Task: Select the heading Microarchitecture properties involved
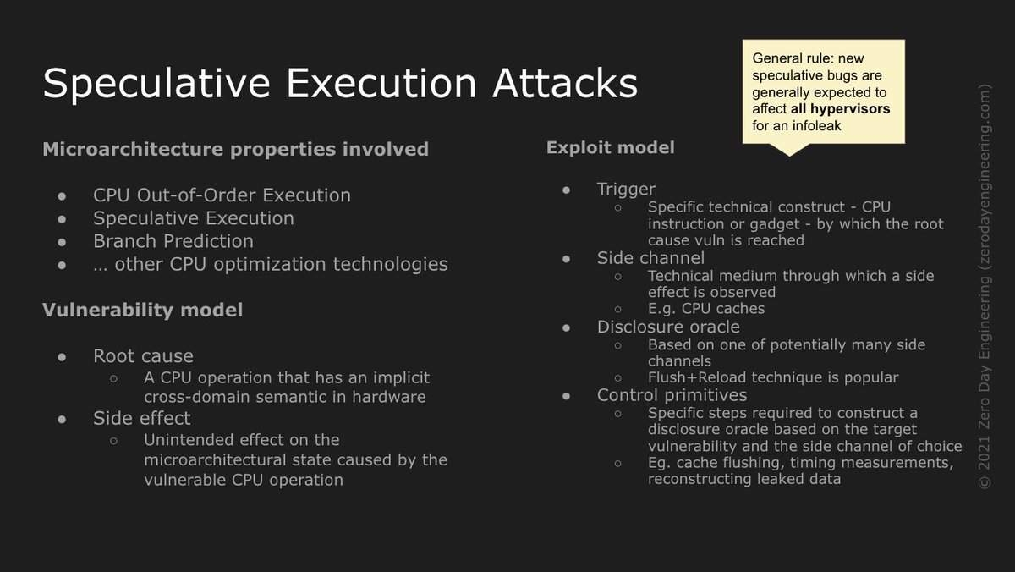pos(235,150)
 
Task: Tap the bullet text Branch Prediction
pos(173,241)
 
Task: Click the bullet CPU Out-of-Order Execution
pos(222,195)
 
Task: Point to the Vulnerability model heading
pos(142,311)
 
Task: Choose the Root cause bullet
pos(143,356)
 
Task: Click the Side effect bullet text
pos(142,418)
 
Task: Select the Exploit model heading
pos(611,148)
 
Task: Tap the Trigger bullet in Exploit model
pos(626,189)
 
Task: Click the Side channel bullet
pos(650,258)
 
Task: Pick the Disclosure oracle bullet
pos(668,327)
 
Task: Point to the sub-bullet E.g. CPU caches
pos(705,309)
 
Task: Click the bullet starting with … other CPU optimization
pos(270,264)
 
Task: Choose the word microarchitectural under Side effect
pos(224,460)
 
